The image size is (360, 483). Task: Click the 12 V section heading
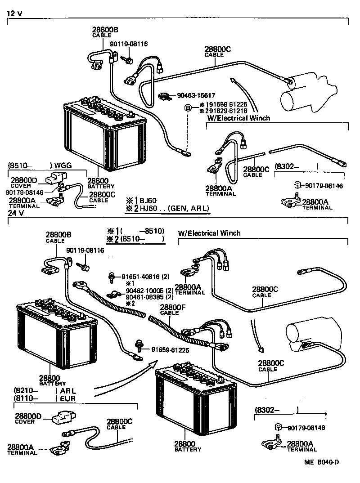[x=14, y=13]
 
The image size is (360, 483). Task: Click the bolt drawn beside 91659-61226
[x=140, y=346]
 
